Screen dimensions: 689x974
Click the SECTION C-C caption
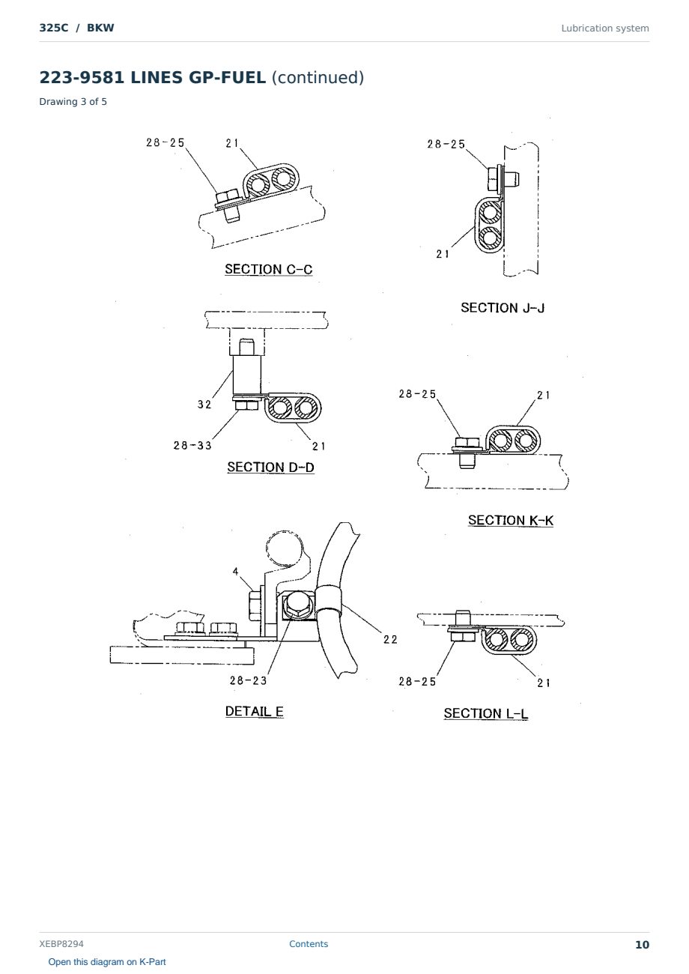(x=269, y=269)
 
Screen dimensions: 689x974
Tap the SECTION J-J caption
(x=503, y=308)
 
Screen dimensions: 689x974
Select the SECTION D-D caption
(x=270, y=467)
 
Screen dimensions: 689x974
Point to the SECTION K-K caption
(x=511, y=520)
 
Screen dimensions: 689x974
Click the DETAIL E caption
(x=255, y=711)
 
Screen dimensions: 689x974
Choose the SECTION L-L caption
(x=486, y=713)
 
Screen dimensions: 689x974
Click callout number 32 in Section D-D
(x=204, y=405)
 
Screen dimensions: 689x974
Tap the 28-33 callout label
(x=192, y=445)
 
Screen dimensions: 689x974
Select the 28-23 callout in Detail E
(x=248, y=680)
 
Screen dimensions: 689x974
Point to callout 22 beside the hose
(x=390, y=640)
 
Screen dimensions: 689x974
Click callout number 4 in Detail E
(x=236, y=571)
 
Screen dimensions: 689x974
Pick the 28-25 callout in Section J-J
(x=446, y=144)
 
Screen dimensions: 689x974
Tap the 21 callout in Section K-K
(x=544, y=396)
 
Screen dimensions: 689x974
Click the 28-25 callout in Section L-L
(x=417, y=681)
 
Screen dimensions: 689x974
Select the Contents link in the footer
(x=309, y=944)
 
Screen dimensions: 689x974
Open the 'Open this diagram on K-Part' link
(x=107, y=962)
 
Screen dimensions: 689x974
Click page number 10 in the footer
(x=642, y=945)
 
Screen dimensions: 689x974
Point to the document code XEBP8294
(x=61, y=944)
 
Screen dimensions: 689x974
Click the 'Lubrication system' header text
(x=605, y=28)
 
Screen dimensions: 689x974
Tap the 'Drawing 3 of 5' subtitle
(x=73, y=102)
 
